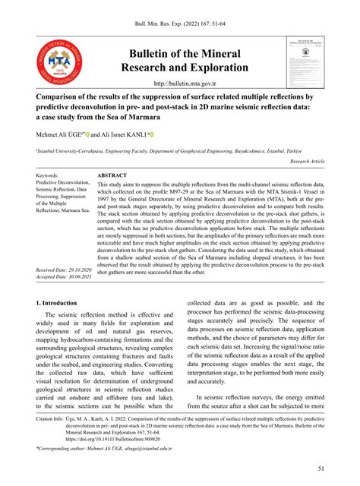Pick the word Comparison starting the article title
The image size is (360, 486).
(66, 99)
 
